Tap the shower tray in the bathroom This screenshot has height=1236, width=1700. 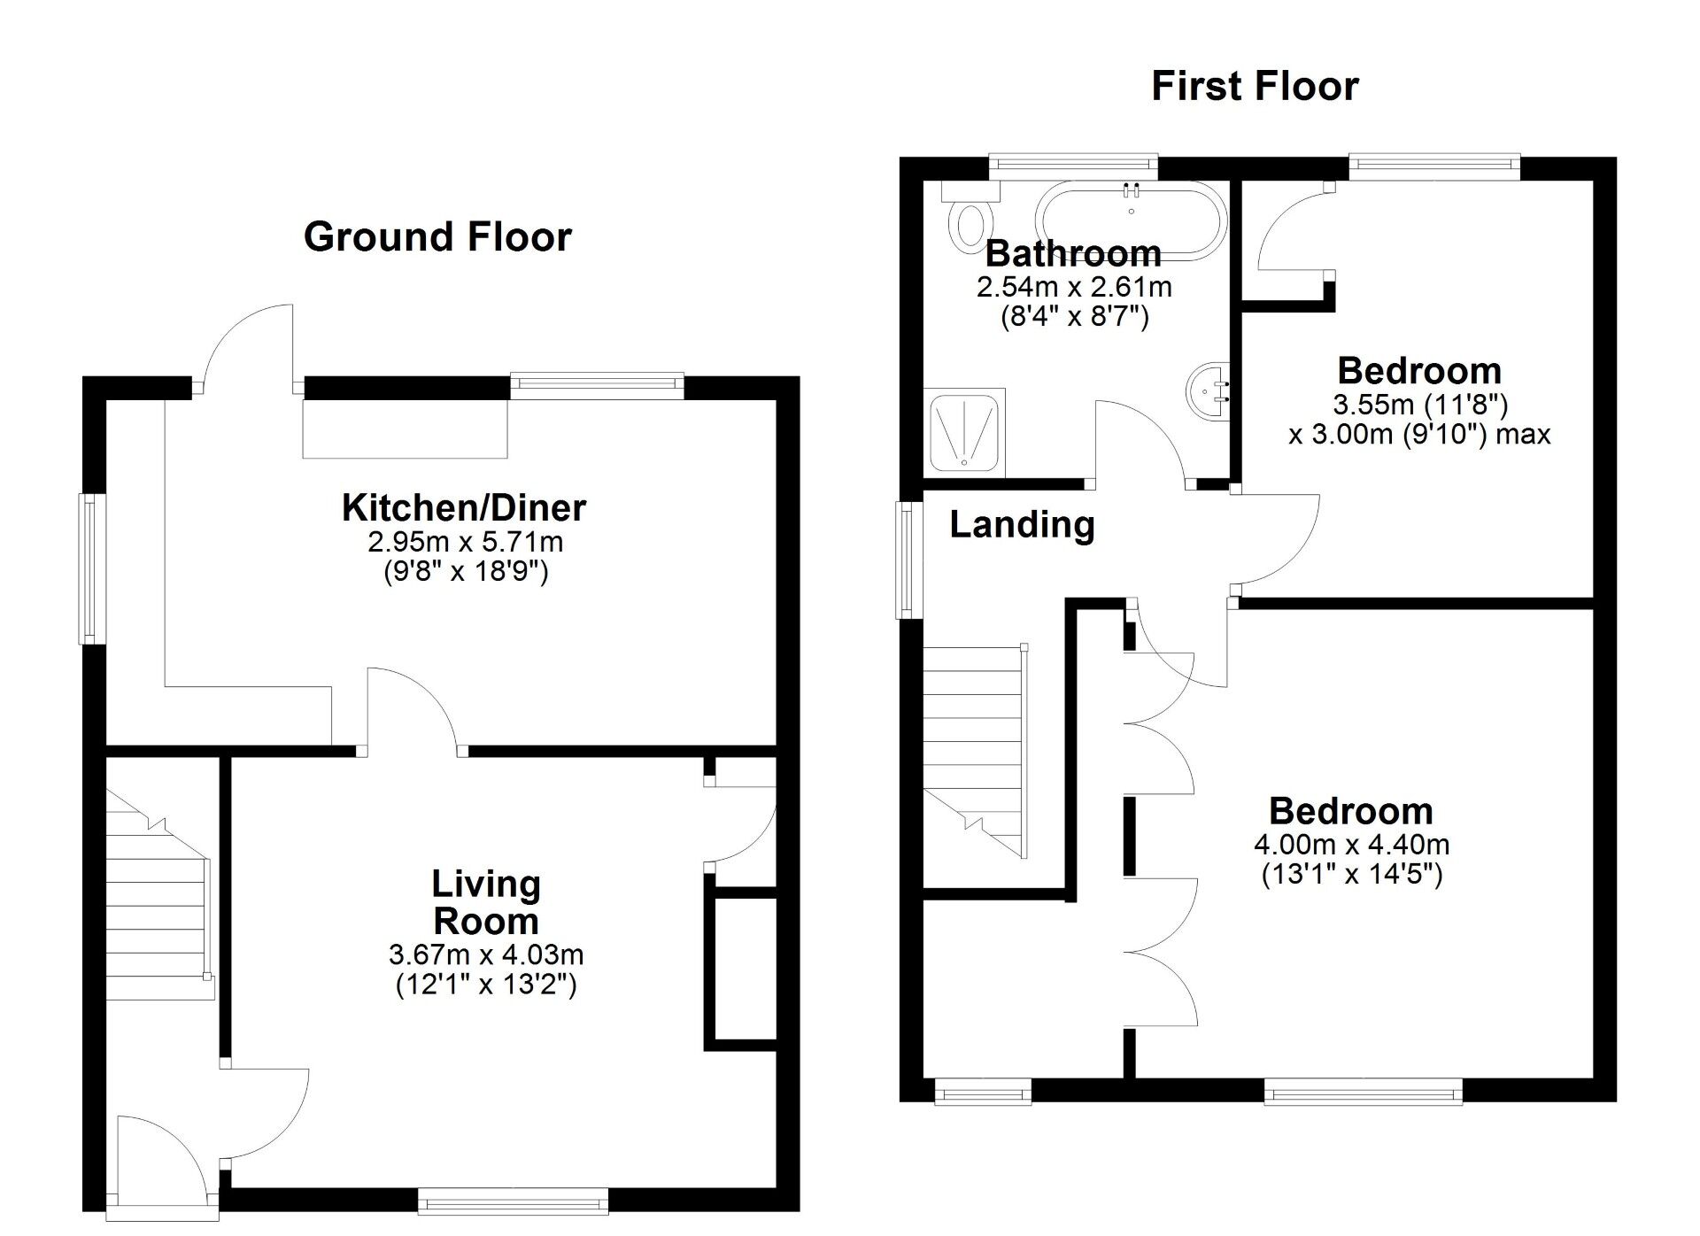(964, 430)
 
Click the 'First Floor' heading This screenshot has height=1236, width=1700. (1255, 87)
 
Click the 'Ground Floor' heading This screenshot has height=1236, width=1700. (437, 237)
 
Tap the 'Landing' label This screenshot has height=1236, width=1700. (1022, 525)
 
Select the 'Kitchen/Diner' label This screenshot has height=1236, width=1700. (464, 508)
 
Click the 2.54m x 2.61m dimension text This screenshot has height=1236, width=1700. (1074, 287)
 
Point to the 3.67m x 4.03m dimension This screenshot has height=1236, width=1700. (486, 954)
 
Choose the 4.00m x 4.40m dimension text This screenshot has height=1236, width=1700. (1351, 844)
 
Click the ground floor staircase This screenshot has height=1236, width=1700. (158, 894)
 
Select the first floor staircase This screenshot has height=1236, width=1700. (974, 748)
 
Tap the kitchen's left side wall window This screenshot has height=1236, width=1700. (92, 568)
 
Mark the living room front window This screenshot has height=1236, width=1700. (513, 1201)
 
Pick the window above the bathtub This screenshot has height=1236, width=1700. (1073, 163)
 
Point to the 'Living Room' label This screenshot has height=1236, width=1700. (486, 902)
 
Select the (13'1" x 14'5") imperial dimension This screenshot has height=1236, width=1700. (1351, 875)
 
